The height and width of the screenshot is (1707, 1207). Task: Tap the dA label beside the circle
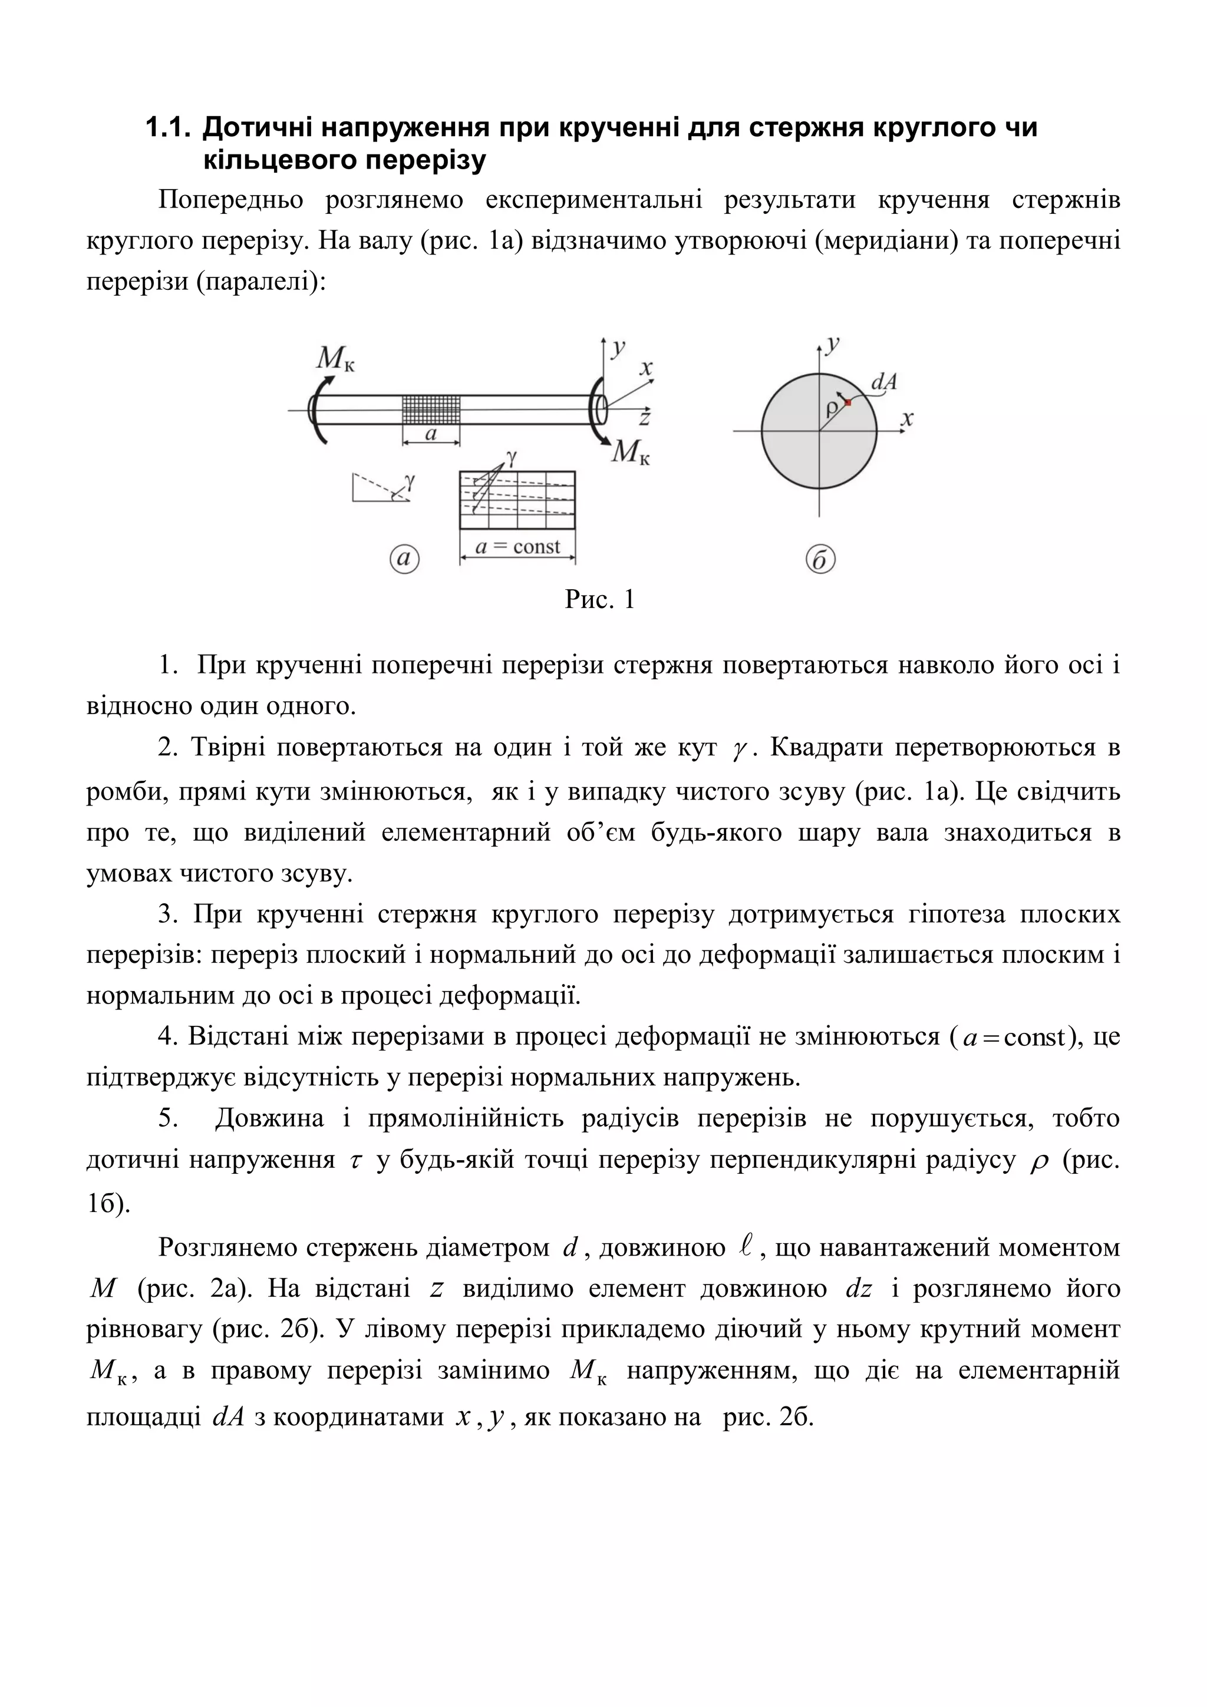pyautogui.click(x=883, y=382)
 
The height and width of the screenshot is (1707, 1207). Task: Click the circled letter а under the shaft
pyautogui.click(x=404, y=559)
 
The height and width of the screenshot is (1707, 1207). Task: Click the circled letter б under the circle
pyautogui.click(x=820, y=559)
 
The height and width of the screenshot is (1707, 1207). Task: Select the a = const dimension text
pyautogui.click(x=517, y=547)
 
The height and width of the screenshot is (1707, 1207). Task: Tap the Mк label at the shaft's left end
pyautogui.click(x=335, y=359)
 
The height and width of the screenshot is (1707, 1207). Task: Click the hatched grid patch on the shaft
pyautogui.click(x=431, y=410)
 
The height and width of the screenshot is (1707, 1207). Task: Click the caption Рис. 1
pyautogui.click(x=599, y=599)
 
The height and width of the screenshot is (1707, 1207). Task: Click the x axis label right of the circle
pyautogui.click(x=906, y=420)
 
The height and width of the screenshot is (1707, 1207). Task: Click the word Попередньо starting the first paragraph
pyautogui.click(x=230, y=200)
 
